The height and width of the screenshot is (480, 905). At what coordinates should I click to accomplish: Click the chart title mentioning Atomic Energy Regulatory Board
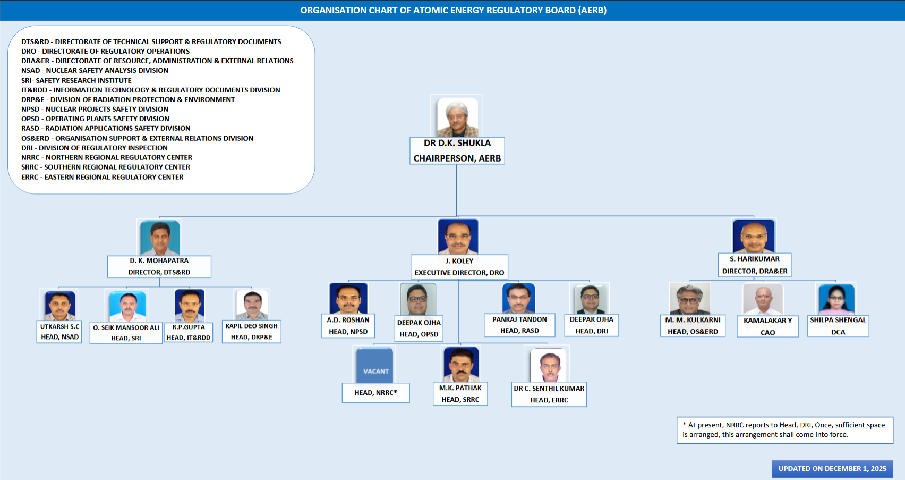[453, 10]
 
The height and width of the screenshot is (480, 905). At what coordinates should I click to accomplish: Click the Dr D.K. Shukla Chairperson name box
[457, 151]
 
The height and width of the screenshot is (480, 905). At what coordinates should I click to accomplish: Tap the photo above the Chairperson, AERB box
[457, 117]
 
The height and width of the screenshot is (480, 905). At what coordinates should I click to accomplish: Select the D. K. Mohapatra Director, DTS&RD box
[159, 266]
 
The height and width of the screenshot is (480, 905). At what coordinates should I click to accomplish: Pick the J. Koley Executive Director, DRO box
[459, 267]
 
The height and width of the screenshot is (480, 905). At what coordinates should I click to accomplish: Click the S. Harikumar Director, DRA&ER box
[755, 265]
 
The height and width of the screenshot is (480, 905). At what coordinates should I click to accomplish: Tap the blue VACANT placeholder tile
[375, 365]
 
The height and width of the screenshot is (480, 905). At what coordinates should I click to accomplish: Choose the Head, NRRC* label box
[375, 393]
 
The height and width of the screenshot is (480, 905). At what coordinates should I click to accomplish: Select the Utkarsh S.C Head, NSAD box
[59, 332]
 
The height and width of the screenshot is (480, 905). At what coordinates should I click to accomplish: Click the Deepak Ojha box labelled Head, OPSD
[419, 329]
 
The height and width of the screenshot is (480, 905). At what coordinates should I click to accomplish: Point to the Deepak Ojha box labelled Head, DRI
[592, 325]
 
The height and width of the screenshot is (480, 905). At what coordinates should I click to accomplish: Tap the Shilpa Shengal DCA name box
[838, 326]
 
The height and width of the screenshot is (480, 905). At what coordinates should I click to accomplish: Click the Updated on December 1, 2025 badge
[832, 469]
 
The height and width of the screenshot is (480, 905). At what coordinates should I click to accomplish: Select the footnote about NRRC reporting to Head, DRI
[784, 430]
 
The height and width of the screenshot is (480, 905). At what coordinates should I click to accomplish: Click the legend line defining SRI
[76, 80]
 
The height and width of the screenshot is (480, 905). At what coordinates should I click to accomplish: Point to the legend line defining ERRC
[103, 177]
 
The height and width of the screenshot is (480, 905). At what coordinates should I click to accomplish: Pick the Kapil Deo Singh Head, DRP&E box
[252, 332]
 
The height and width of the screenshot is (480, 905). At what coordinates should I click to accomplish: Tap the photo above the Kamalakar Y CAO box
[763, 299]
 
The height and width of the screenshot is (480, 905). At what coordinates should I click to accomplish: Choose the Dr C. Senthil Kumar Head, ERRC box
[549, 394]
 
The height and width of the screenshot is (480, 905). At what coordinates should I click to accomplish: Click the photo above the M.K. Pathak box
[461, 364]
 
